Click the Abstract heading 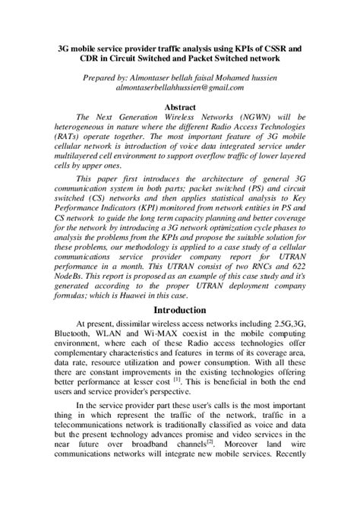pos(180,108)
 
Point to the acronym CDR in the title pos(74,58)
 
